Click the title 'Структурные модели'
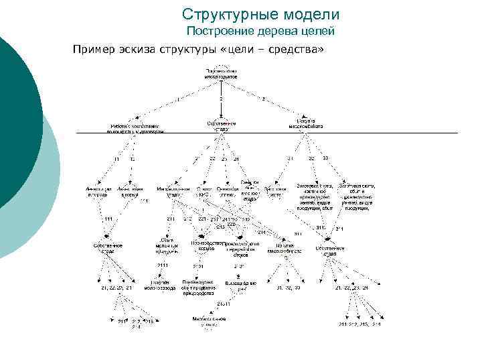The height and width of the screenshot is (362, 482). (x=260, y=14)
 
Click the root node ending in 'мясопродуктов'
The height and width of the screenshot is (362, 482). (x=221, y=74)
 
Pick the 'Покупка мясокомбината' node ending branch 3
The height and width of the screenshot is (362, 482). (x=307, y=123)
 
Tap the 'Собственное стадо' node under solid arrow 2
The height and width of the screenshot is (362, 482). (x=221, y=126)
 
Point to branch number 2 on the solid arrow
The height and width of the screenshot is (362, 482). (x=221, y=99)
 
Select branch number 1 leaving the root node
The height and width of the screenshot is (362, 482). (x=178, y=99)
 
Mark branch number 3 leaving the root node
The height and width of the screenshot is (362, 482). (x=264, y=99)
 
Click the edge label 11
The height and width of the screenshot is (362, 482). (x=116, y=159)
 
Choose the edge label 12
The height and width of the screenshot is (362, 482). (x=132, y=159)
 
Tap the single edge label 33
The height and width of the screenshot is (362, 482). (x=325, y=159)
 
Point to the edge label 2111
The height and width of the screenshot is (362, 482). (x=163, y=266)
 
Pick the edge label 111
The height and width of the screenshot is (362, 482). (x=108, y=219)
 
